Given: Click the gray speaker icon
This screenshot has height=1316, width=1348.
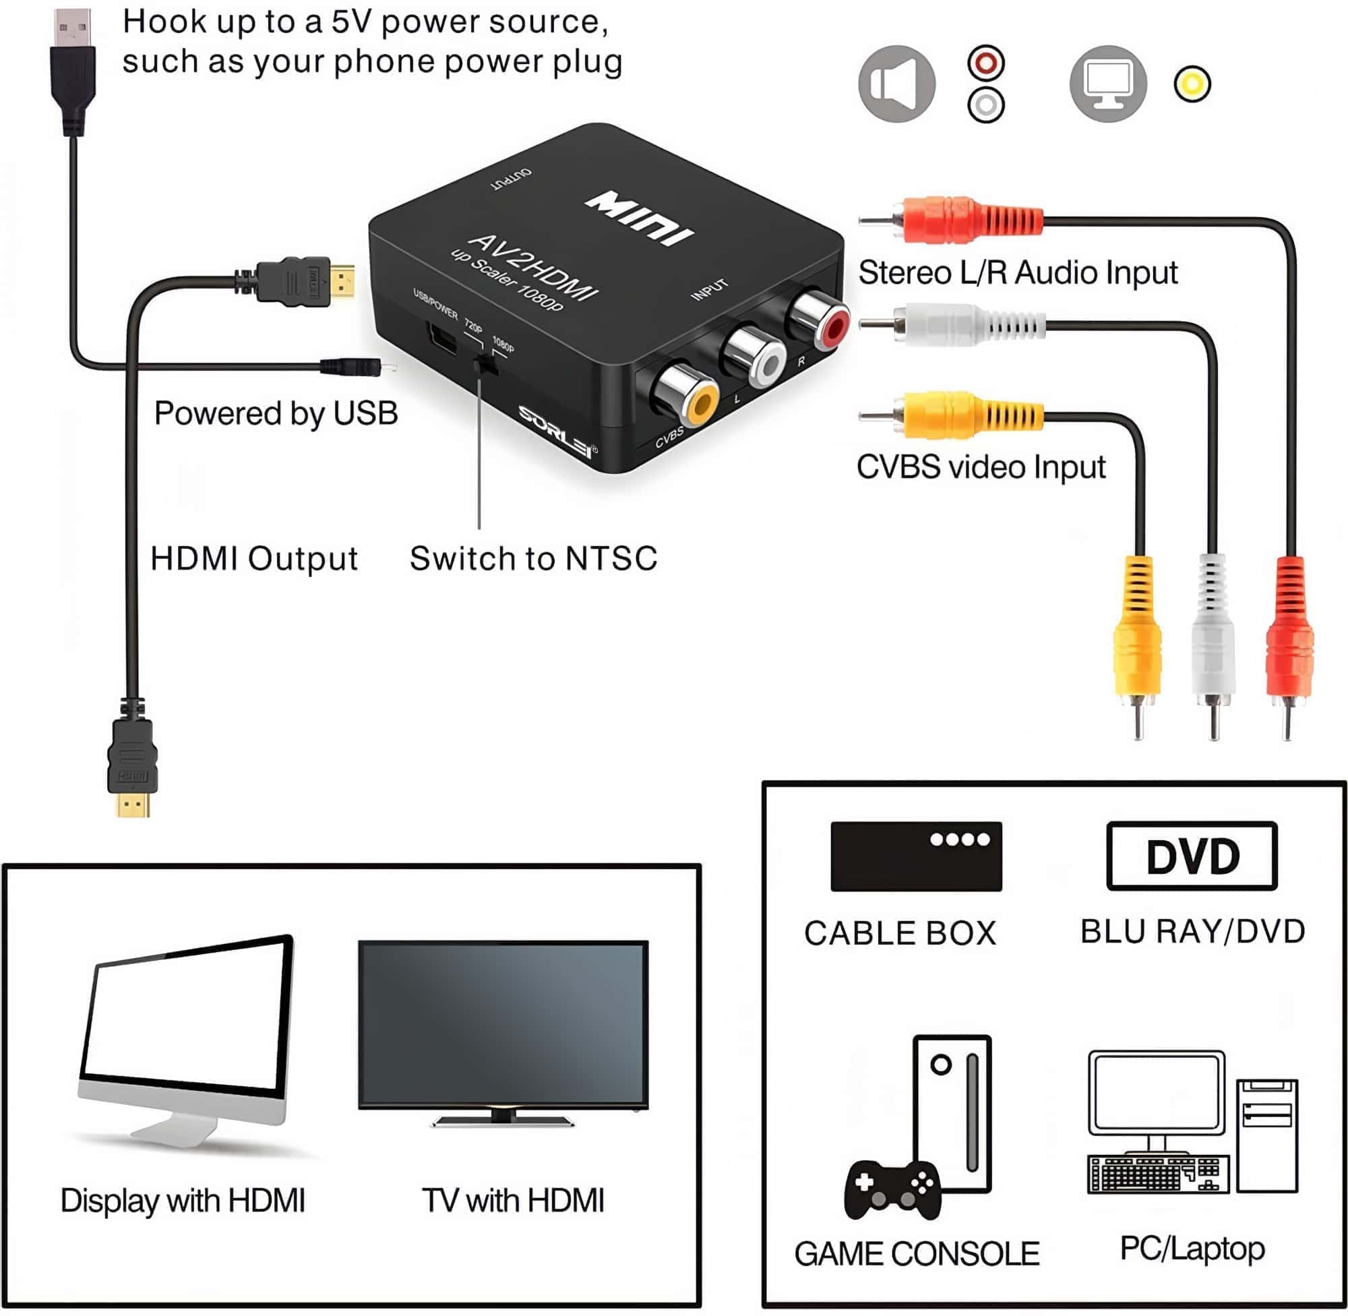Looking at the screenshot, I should point(896,84).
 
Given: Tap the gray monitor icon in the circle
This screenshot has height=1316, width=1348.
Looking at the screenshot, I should point(1107,84).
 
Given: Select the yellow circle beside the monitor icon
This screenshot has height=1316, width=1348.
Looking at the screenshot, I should point(1192,84).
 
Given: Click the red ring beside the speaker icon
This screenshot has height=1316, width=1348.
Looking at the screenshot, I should point(985,63).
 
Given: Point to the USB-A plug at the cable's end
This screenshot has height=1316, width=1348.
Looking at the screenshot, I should point(73,69).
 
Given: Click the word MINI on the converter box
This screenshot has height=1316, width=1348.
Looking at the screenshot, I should point(638,218).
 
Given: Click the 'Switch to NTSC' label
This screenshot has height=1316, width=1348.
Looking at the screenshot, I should point(532,558).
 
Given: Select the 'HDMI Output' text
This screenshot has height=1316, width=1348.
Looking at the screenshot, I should point(253,558).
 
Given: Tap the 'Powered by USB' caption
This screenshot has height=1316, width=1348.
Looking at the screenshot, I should point(276,413).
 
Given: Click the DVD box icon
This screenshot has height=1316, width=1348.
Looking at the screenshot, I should point(1191,856).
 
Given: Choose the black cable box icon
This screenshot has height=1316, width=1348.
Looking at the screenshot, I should point(915,856).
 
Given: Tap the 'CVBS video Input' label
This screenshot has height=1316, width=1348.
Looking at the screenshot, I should point(981,467).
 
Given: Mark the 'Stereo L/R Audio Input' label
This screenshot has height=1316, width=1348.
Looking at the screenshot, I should point(1017,272).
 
